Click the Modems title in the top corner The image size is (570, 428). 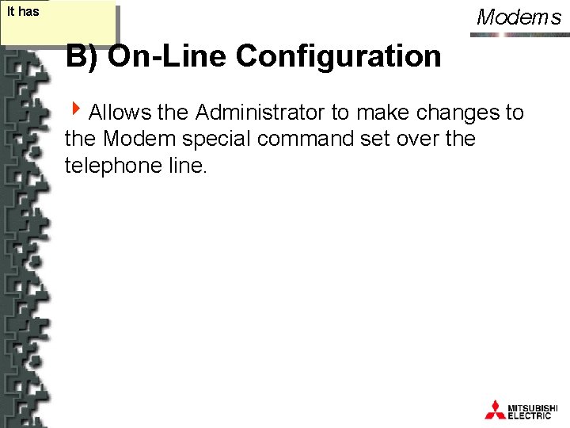coord(519,17)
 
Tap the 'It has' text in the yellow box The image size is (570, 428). coord(22,12)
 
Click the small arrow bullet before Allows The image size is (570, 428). coord(76,111)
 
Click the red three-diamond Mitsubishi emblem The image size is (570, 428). coord(495,410)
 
